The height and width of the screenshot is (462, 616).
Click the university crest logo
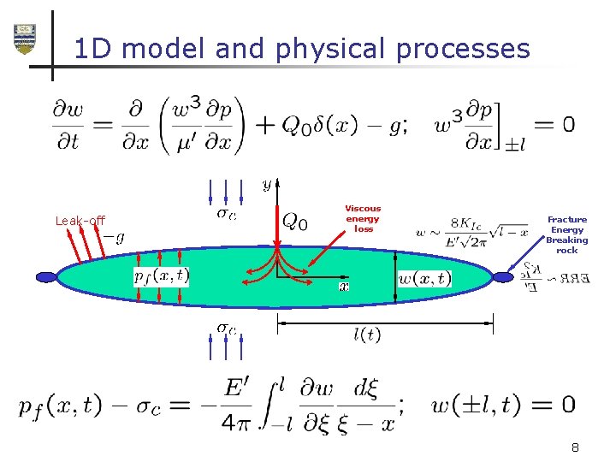pos(25,38)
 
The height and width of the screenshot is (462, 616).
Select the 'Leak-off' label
pos(80,221)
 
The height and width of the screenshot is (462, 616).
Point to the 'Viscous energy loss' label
pos(364,218)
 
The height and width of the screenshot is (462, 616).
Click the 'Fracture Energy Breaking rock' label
pos(567,234)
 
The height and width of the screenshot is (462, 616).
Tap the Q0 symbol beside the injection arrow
pos(295,222)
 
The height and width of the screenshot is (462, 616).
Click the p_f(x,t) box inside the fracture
pos(162,276)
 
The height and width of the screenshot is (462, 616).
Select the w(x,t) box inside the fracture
pos(424,278)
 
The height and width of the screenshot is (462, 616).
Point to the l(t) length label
pos(367,335)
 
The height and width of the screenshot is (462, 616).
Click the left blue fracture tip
pos(46,277)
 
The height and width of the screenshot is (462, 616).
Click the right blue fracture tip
pos(504,276)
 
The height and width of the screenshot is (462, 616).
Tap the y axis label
pos(267,184)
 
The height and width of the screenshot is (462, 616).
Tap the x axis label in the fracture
pos(343,287)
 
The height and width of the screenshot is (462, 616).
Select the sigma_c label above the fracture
pos(226,213)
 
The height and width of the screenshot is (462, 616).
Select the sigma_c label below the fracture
pos(226,328)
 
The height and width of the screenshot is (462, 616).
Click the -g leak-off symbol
pos(114,237)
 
